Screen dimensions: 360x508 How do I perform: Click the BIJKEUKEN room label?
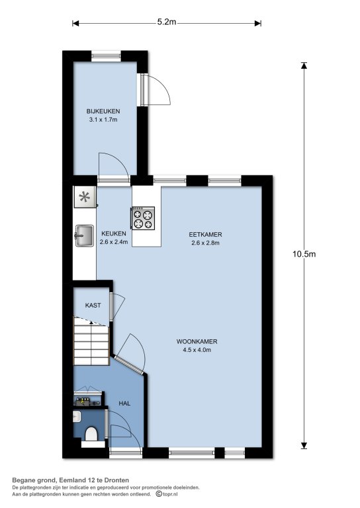(x=103, y=111)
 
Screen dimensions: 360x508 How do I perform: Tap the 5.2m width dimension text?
(x=167, y=22)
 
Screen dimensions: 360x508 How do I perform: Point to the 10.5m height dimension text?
(x=304, y=254)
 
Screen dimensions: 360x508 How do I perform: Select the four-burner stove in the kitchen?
(x=143, y=218)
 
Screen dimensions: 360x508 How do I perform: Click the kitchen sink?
(x=84, y=235)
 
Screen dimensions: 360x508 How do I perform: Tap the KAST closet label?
(x=93, y=305)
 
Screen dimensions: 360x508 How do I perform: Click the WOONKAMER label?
(x=197, y=341)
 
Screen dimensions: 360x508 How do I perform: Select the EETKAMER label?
(x=205, y=235)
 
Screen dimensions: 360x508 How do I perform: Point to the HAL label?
(x=124, y=403)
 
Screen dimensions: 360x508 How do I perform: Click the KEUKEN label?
(x=114, y=233)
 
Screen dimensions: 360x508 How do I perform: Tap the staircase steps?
(x=91, y=341)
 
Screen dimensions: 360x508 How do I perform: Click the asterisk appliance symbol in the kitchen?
(x=85, y=196)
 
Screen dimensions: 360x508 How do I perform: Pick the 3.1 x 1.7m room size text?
(x=103, y=120)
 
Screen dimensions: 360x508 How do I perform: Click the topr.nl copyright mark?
(x=167, y=494)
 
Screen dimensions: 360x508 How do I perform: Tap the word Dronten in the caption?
(x=118, y=480)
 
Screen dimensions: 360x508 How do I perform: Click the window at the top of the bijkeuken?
(x=106, y=56)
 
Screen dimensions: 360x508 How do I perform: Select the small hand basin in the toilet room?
(x=77, y=416)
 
